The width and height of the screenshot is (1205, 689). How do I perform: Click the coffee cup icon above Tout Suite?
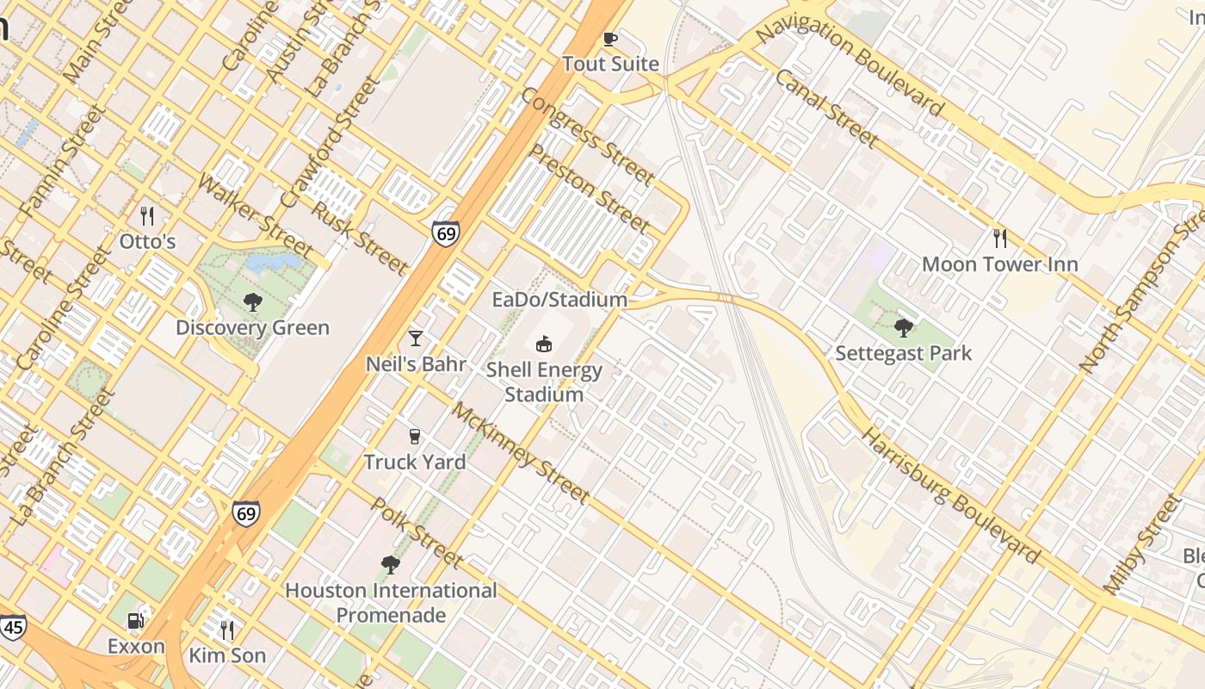point(610,39)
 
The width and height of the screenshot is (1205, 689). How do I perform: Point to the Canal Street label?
point(826,109)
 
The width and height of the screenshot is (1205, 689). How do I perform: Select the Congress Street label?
point(587,136)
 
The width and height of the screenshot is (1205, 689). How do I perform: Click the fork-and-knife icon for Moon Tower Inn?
point(999,238)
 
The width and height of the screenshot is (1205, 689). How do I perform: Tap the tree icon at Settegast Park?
point(903,327)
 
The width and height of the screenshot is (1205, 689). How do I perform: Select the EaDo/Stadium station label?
point(559,300)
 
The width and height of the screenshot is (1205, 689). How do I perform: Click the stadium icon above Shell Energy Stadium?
point(544,344)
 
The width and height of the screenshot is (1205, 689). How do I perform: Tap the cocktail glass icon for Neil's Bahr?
point(416,338)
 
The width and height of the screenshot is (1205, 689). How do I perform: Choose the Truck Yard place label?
point(415,462)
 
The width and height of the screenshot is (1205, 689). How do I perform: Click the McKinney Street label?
point(521,452)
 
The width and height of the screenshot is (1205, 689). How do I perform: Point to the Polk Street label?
point(416,532)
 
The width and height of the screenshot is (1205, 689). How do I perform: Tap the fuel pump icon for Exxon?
point(135,620)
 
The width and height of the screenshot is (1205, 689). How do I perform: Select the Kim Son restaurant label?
point(227,655)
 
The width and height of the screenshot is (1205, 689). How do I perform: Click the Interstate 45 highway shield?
point(12,627)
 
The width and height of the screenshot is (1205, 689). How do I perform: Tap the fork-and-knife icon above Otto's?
point(147,215)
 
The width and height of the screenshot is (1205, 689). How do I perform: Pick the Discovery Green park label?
point(252,327)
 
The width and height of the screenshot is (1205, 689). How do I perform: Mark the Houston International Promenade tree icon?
point(390,565)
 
